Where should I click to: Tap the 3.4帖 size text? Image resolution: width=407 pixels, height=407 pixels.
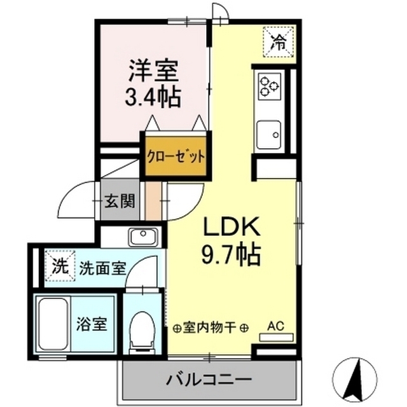(152, 97)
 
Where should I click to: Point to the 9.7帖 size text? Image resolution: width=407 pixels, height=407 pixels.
(230, 255)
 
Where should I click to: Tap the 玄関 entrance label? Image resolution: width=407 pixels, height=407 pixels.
(120, 202)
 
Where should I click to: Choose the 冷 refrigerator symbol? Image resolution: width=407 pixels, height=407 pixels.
(279, 41)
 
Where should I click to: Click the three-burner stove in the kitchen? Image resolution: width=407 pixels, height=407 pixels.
(269, 84)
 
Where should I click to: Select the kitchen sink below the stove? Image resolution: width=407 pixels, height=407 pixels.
(270, 134)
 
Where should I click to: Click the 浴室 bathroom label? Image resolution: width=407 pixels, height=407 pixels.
(92, 324)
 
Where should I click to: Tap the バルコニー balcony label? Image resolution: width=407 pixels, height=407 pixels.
(208, 380)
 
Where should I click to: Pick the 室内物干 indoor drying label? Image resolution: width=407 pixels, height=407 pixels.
(210, 328)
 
